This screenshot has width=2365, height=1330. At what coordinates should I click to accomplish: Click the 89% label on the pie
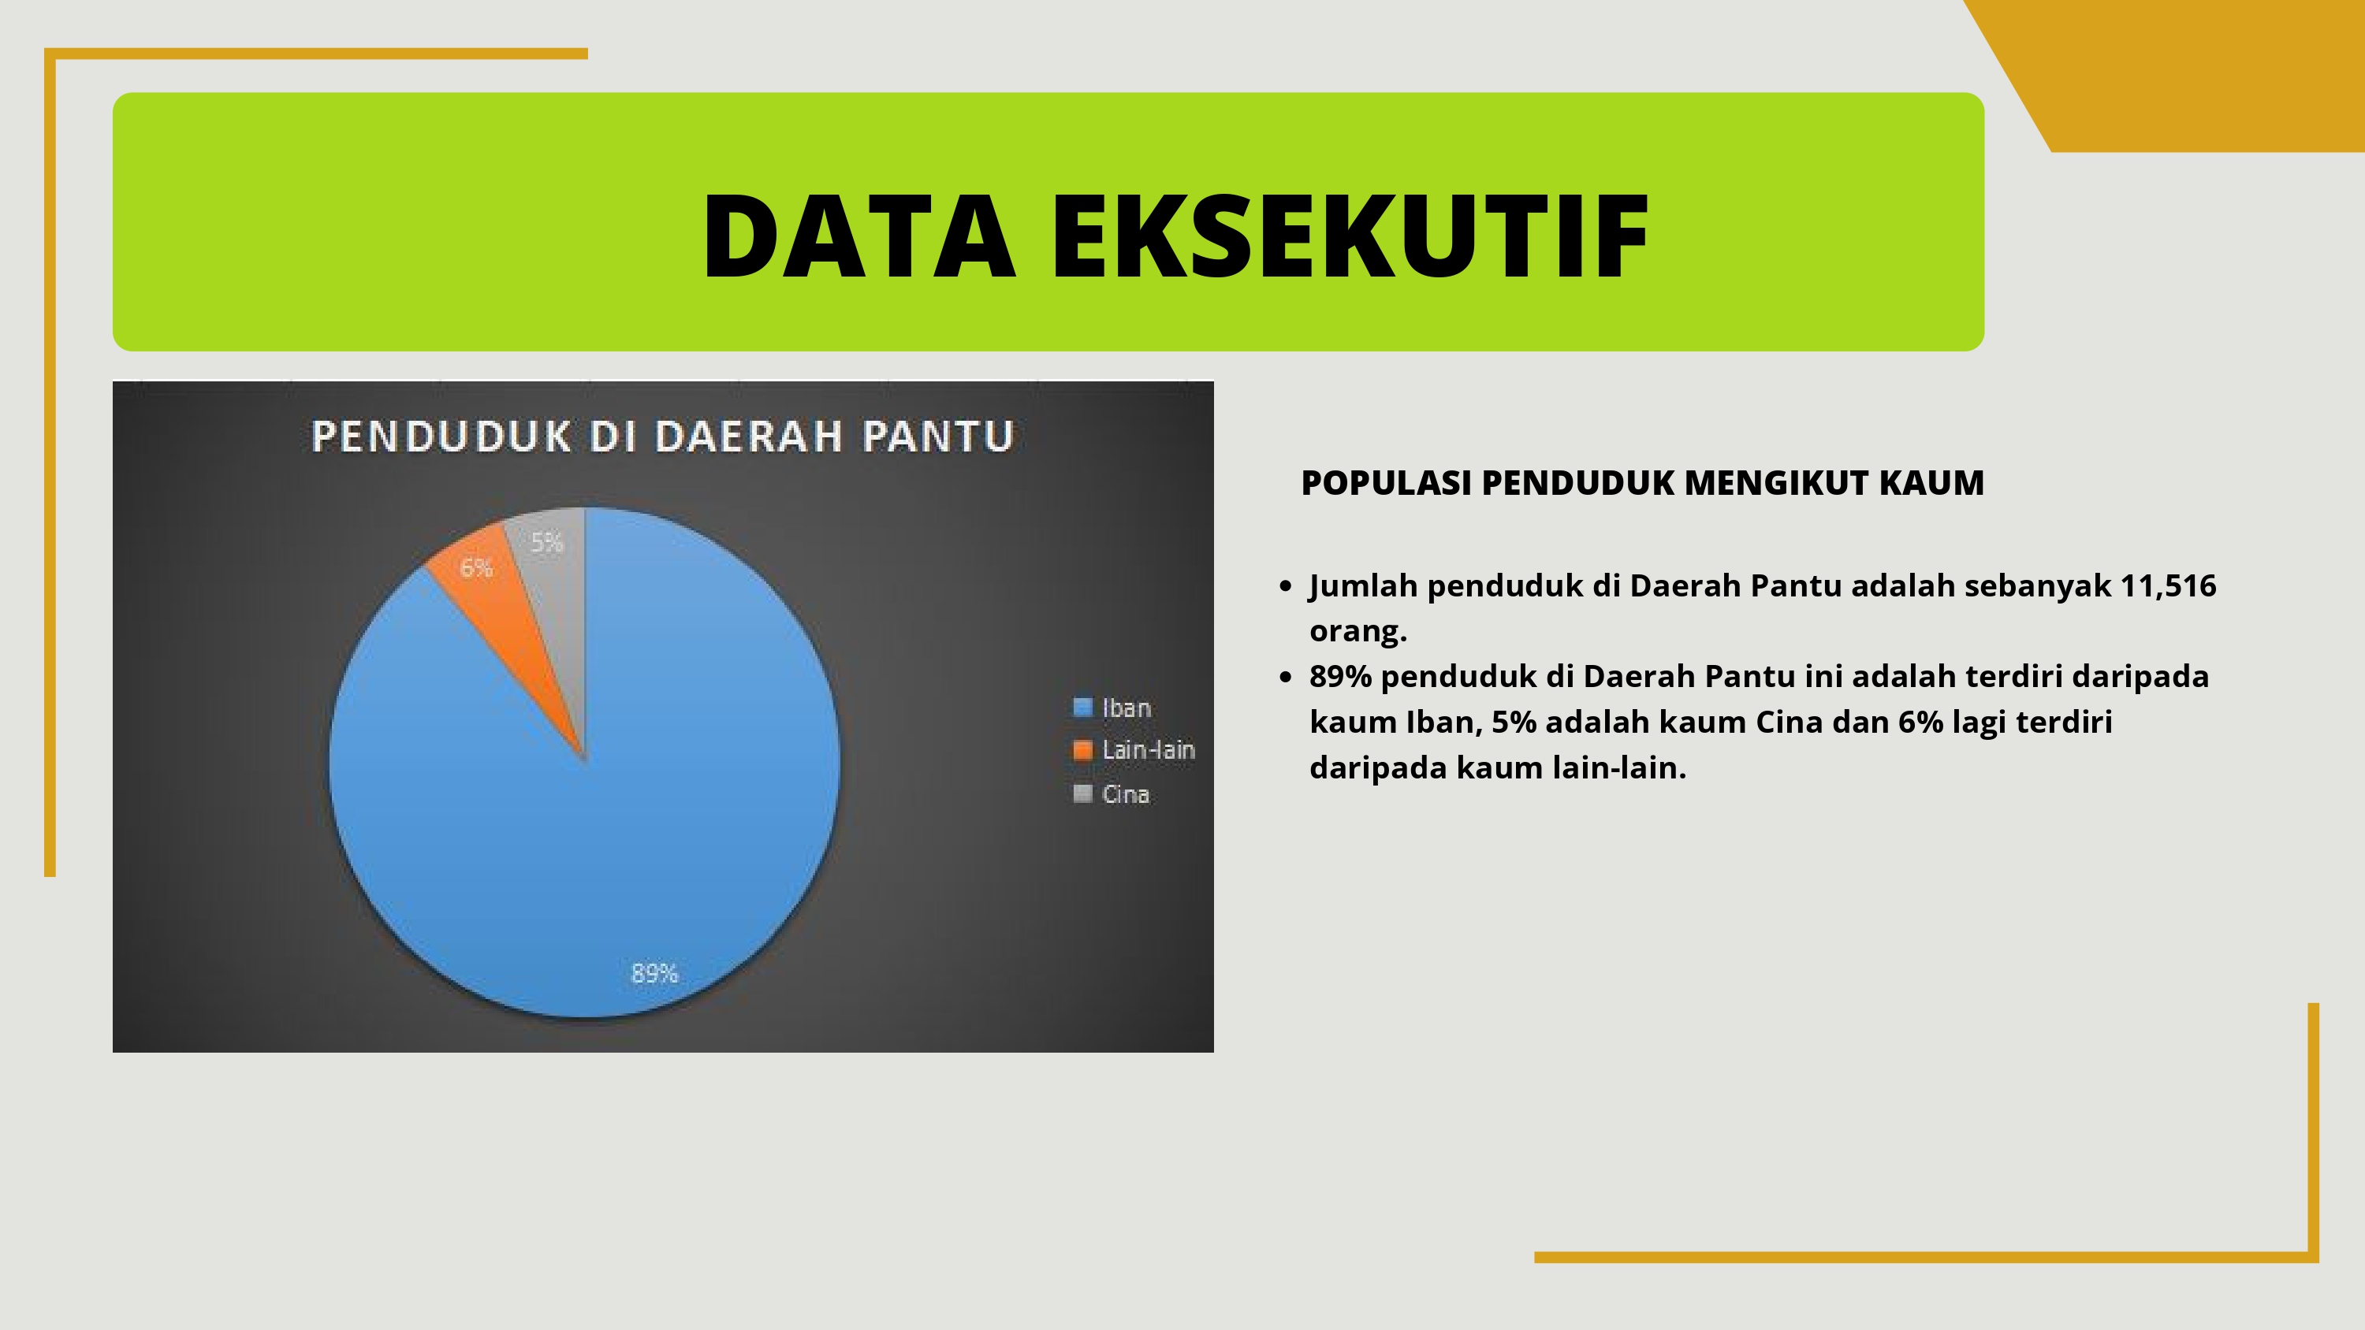point(654,973)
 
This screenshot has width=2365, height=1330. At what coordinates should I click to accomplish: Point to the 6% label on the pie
point(476,568)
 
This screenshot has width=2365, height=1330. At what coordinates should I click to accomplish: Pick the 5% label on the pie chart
point(547,542)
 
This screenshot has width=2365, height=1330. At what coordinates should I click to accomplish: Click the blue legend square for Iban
point(1083,707)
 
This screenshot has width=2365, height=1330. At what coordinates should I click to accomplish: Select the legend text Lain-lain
point(1149,750)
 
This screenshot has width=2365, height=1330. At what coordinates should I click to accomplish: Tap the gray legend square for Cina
point(1083,793)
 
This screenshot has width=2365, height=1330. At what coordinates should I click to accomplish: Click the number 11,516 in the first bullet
point(2168,585)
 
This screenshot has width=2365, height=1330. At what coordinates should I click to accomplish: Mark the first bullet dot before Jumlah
point(1285,585)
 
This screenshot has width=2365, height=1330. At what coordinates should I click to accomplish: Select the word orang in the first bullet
point(1358,631)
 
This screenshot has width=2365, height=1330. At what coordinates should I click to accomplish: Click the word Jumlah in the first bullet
point(1363,585)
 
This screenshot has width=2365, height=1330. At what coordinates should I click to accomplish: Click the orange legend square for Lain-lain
point(1083,750)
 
